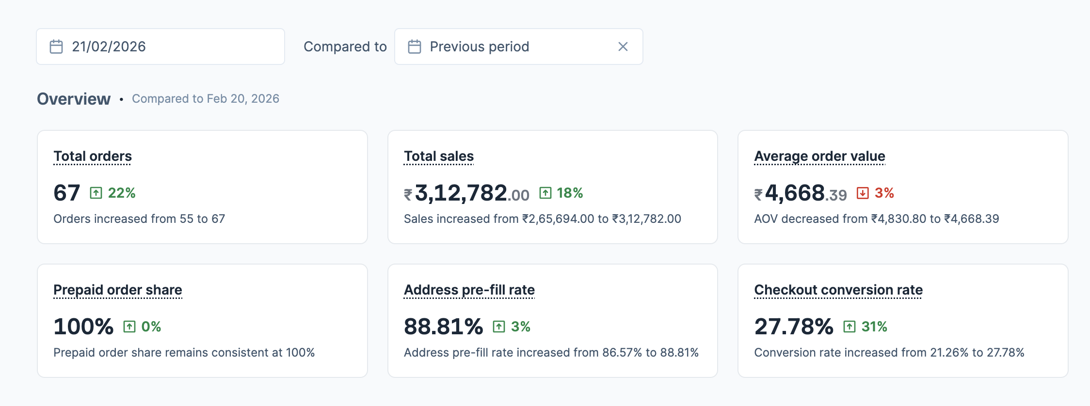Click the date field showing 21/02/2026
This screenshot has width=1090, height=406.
coord(160,47)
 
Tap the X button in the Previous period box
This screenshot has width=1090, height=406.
coord(623,47)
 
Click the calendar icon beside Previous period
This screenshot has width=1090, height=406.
coord(415,47)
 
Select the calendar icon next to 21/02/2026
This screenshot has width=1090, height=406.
coord(56,47)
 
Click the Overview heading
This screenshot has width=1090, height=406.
coord(74,99)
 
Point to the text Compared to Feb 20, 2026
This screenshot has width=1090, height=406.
coord(206,99)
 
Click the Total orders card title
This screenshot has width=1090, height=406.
coord(93,156)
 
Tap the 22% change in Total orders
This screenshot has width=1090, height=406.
coord(121,193)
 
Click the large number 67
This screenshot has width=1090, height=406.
coord(67,193)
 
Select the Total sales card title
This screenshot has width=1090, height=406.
coord(439,156)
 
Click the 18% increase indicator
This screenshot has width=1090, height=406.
coord(569,193)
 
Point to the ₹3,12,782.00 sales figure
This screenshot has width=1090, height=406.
coord(467,193)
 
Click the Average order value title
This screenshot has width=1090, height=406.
coord(819,156)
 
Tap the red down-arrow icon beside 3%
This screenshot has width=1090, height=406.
coord(863,193)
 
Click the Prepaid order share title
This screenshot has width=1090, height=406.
coord(118,290)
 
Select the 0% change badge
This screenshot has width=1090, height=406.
coord(150,327)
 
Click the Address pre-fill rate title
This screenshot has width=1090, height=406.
coord(469,290)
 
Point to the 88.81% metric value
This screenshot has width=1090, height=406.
coord(444,327)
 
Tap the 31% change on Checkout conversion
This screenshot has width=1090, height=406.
coord(874,327)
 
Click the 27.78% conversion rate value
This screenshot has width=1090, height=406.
coord(794,327)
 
